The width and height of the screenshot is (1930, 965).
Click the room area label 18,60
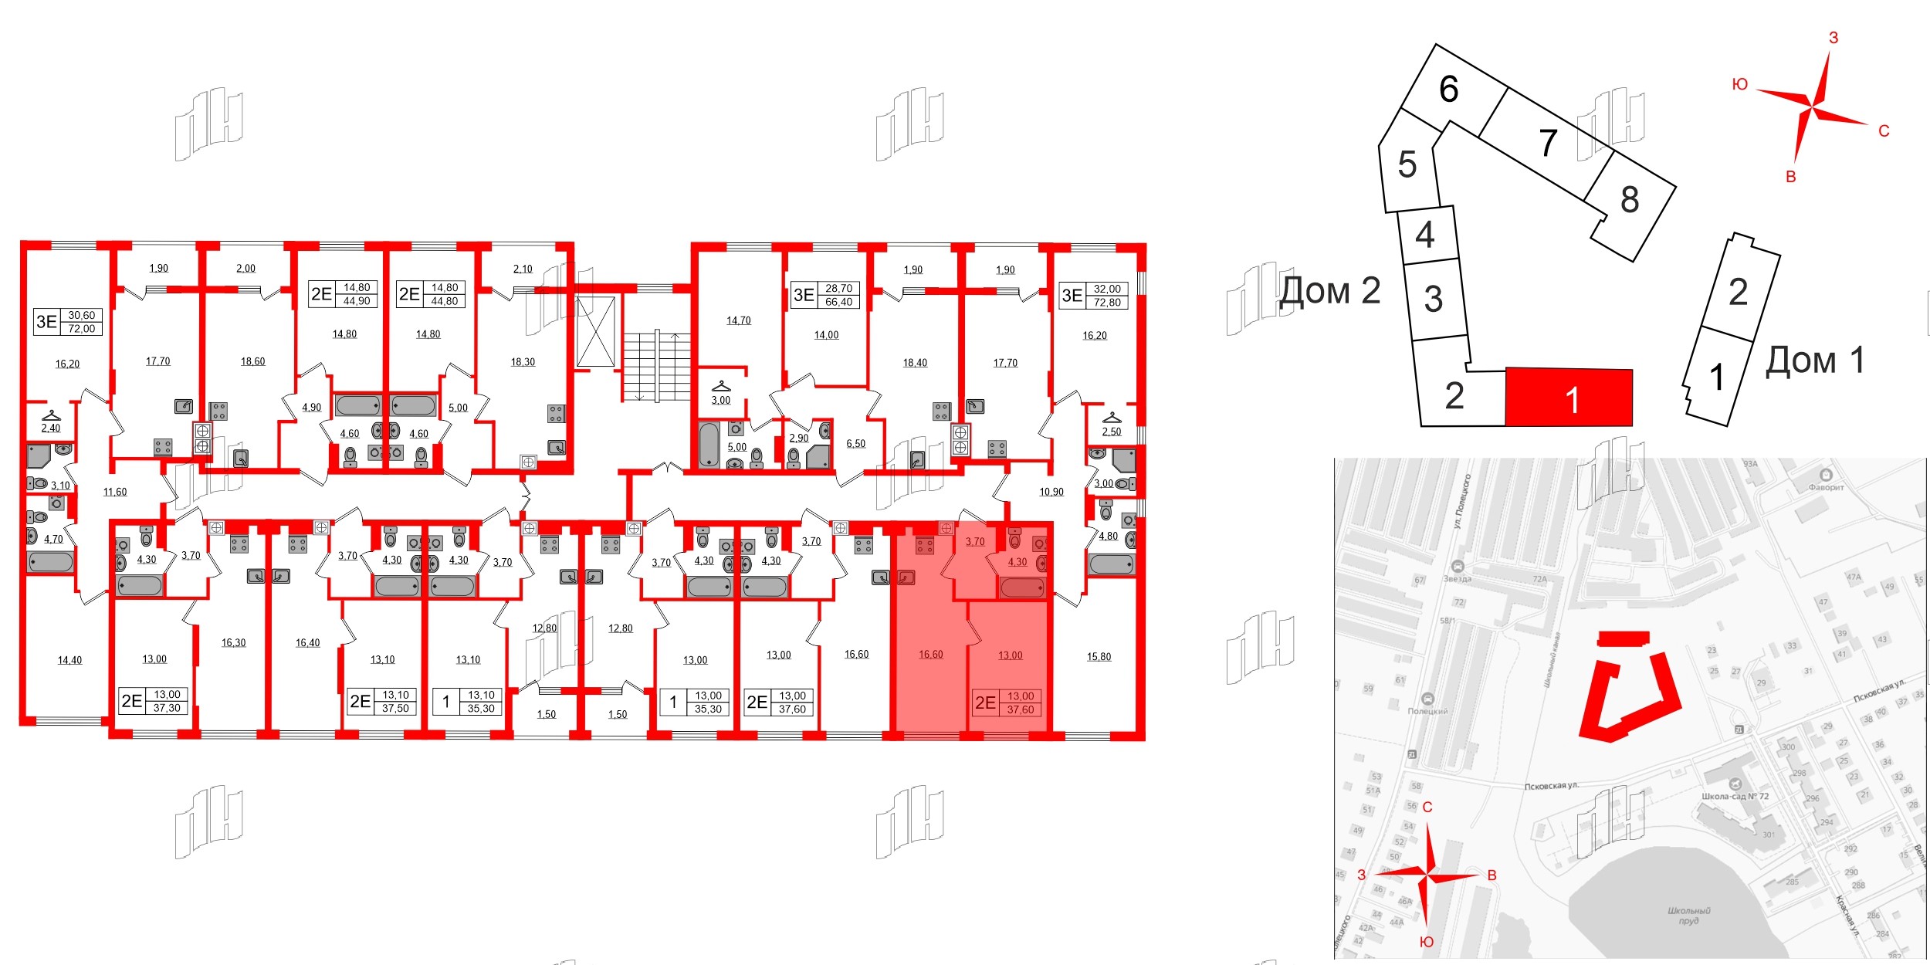click(252, 361)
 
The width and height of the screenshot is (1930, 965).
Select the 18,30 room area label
click(523, 362)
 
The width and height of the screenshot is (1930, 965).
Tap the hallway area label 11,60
click(115, 492)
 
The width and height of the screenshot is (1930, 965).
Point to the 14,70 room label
click(738, 320)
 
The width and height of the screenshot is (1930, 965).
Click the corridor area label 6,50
click(855, 444)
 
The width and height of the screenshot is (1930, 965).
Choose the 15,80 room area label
click(1099, 657)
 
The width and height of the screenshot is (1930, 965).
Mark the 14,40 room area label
click(69, 660)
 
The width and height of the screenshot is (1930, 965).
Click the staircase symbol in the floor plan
click(656, 367)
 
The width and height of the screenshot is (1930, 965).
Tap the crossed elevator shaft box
click(596, 331)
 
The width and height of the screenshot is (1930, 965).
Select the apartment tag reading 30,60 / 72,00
click(68, 322)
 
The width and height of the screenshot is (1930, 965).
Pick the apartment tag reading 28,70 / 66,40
click(825, 295)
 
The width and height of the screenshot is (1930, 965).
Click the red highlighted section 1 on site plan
click(1569, 398)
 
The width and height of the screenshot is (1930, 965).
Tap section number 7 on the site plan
click(1547, 143)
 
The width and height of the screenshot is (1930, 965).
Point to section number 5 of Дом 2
click(1407, 164)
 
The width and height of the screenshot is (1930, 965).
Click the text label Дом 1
click(1815, 361)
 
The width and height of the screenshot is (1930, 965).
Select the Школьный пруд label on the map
click(1688, 916)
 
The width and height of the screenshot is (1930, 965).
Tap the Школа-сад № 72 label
click(1735, 796)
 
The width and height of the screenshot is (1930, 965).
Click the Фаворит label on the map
click(1826, 487)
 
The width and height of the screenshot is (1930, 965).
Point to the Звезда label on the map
click(1457, 578)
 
